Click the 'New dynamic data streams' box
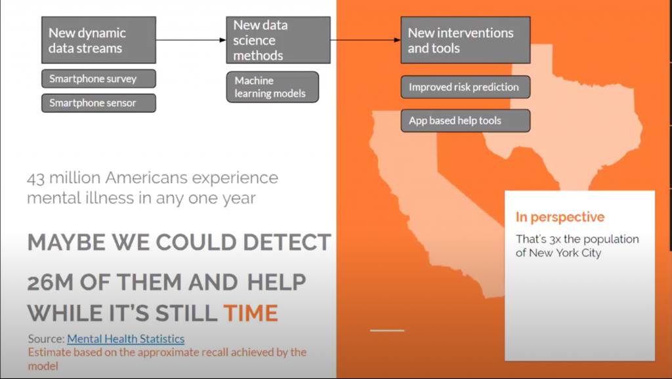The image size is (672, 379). coord(98,40)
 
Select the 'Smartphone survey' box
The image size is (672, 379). coord(98,79)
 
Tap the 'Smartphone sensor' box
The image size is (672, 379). coord(98,103)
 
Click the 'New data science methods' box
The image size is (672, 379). coord(278,40)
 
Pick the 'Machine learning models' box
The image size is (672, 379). coord(272,87)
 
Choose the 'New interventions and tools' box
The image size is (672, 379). coord(465,40)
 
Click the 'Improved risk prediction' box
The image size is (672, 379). coord(465,87)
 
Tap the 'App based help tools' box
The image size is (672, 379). coord(465,121)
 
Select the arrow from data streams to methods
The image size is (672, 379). coord(191,40)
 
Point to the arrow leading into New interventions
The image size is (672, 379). coord(366,40)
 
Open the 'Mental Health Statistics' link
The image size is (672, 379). coord(125,339)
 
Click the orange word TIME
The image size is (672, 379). coord(251,313)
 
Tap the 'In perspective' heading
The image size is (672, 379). coord(560,217)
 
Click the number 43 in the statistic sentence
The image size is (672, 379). coord(35,178)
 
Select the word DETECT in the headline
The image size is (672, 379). coord(287,243)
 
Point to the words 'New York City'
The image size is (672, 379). coord(565,253)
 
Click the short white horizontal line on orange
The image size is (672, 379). coord(387,330)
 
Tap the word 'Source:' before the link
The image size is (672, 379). coord(47,339)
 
